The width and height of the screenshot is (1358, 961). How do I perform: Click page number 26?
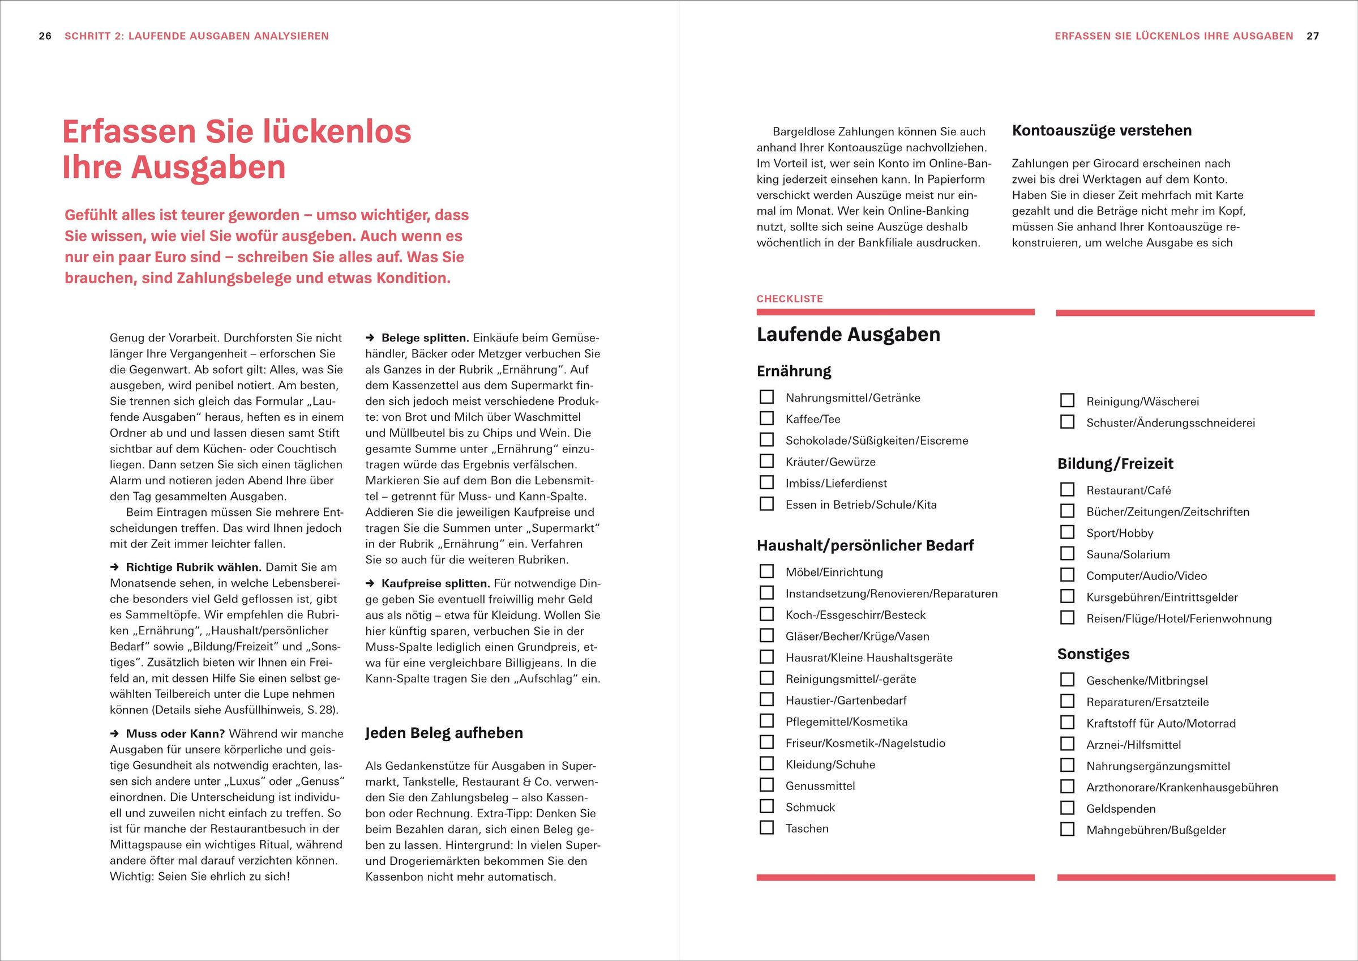pyautogui.click(x=45, y=36)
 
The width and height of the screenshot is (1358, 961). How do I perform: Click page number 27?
pyautogui.click(x=1313, y=36)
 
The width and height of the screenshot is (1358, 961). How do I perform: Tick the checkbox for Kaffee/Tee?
pyautogui.click(x=766, y=418)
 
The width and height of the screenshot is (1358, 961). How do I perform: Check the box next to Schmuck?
pyautogui.click(x=766, y=806)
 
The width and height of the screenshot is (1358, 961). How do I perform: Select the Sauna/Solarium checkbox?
pyautogui.click(x=1067, y=554)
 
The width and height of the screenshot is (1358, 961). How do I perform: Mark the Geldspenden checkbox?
pyautogui.click(x=1067, y=808)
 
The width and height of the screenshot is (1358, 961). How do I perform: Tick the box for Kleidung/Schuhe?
pyautogui.click(x=766, y=764)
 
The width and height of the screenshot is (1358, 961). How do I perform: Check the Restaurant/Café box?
pyautogui.click(x=1067, y=490)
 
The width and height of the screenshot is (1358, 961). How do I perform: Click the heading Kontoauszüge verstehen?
pyautogui.click(x=1102, y=131)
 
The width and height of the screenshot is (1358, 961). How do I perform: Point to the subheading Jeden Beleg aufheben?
pyautogui.click(x=444, y=733)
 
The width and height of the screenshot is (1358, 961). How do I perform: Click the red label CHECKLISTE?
pyautogui.click(x=790, y=299)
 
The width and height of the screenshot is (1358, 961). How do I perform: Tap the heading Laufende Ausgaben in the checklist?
pyautogui.click(x=848, y=334)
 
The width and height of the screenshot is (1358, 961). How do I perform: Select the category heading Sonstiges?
pyautogui.click(x=1093, y=654)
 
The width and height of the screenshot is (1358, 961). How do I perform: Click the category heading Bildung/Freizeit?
pyautogui.click(x=1115, y=463)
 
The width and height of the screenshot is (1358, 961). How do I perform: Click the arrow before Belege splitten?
pyautogui.click(x=370, y=338)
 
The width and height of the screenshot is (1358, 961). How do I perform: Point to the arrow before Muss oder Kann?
pyautogui.click(x=115, y=734)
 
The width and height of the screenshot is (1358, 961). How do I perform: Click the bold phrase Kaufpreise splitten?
pyautogui.click(x=435, y=583)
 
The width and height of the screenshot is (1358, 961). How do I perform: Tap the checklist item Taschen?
pyautogui.click(x=807, y=828)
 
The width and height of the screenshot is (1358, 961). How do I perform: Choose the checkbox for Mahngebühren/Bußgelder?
pyautogui.click(x=1067, y=829)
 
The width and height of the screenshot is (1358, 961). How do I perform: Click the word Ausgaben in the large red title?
pyautogui.click(x=208, y=167)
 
